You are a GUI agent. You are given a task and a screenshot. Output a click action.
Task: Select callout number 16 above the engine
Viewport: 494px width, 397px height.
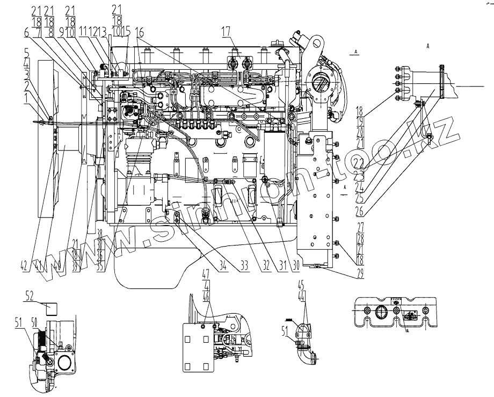[141, 32]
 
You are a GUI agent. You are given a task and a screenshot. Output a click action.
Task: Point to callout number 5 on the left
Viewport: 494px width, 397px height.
[26, 53]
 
